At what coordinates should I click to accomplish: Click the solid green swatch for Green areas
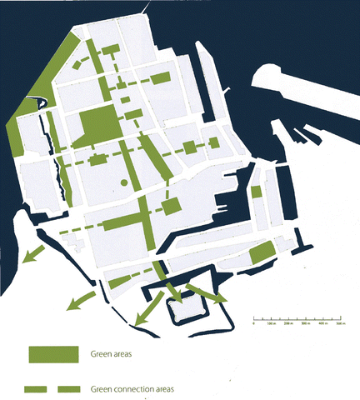[x=53, y=355]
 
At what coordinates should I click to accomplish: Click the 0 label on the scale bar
[x=252, y=324]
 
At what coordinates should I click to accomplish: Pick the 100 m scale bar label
[x=271, y=324]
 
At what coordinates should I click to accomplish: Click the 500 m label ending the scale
[x=340, y=324]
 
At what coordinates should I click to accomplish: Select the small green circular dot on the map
[x=125, y=182]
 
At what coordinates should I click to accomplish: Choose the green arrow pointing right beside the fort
[x=208, y=294]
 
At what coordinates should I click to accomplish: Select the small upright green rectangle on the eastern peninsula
[x=257, y=192]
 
